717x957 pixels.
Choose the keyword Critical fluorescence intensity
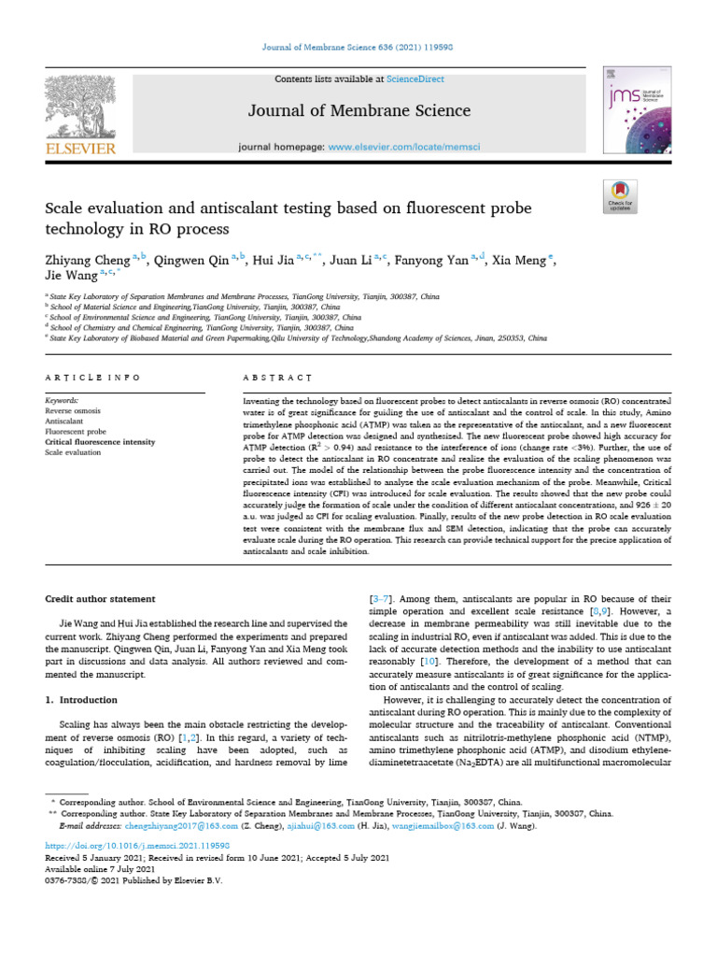click(100, 442)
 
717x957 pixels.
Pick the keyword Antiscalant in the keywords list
click(65, 421)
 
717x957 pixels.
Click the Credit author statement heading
click(104, 598)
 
